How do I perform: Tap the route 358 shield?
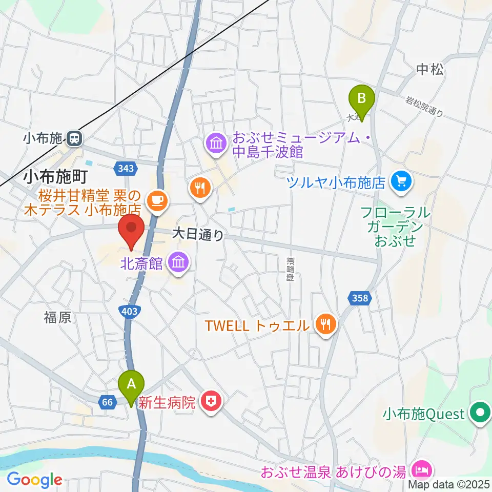(360, 298)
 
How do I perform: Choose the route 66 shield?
(107, 402)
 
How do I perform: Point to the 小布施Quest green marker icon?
(480, 414)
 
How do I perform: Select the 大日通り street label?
(198, 235)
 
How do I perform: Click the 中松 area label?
(429, 70)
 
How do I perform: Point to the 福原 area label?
(57, 318)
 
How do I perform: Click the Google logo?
(34, 480)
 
